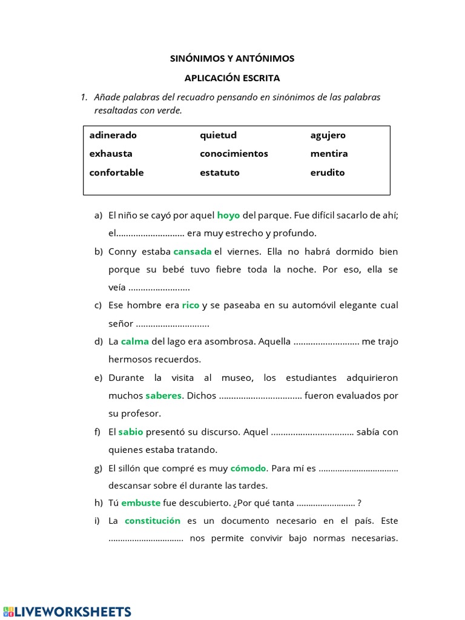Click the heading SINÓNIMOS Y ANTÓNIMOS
tap(232, 59)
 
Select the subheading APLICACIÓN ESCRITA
tap(232, 78)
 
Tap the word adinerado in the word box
tap(113, 136)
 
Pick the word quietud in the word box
tap(218, 136)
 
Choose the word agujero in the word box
tap(328, 136)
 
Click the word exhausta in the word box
tap(111, 154)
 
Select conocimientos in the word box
tap(234, 154)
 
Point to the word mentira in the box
tap(329, 154)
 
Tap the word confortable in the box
tap(116, 173)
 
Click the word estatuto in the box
tap(219, 173)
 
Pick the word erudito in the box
tap(327, 173)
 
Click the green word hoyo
tap(228, 215)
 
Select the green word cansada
tap(192, 251)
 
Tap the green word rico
tap(190, 305)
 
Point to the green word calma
tap(134, 341)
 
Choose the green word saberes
tap(163, 396)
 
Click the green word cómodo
tap(248, 468)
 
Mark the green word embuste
tap(140, 503)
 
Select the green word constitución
tap(153, 521)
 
